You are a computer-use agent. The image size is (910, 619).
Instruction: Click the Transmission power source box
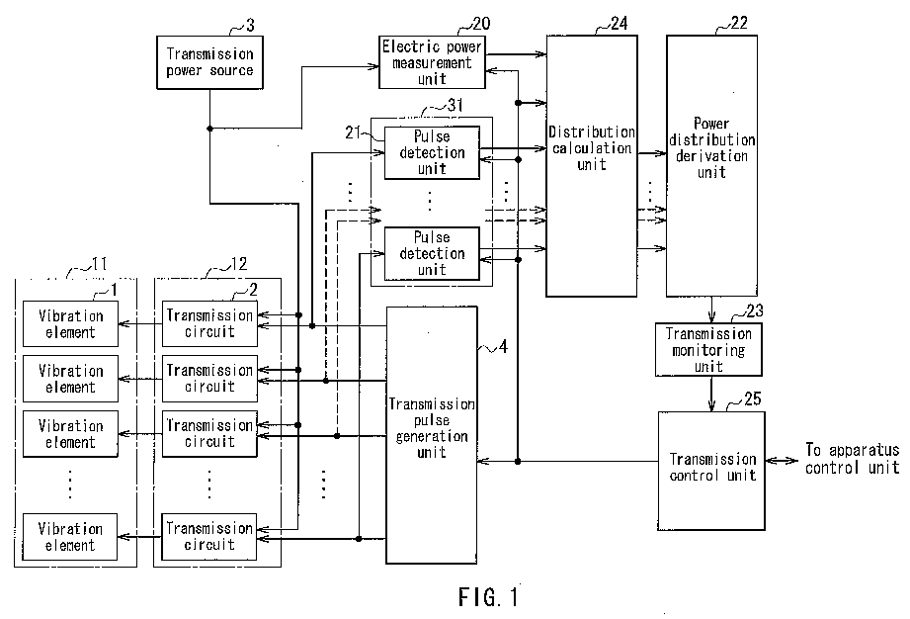(x=209, y=62)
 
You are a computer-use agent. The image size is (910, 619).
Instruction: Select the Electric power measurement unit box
(x=432, y=62)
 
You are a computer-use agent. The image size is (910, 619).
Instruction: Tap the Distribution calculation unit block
(x=592, y=165)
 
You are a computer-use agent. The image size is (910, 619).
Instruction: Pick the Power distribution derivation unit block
(x=711, y=165)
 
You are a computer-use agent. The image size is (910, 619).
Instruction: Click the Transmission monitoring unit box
(x=708, y=350)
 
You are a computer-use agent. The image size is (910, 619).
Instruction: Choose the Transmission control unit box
(x=711, y=471)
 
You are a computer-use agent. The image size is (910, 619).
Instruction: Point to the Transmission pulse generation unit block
(x=432, y=435)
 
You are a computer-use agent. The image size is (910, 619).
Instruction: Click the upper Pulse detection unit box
(x=432, y=152)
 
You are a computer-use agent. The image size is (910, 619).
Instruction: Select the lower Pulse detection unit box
(x=432, y=254)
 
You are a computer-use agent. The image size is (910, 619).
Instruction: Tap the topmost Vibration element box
(x=70, y=324)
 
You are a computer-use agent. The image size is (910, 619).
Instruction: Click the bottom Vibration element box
(x=69, y=537)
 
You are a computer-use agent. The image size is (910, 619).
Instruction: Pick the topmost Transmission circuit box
(x=209, y=324)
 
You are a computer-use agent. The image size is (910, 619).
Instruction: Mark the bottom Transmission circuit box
(x=208, y=537)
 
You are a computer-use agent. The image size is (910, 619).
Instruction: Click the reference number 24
(x=620, y=23)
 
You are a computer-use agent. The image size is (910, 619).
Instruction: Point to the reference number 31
(x=455, y=105)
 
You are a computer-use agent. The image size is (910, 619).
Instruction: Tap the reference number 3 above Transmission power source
(x=250, y=26)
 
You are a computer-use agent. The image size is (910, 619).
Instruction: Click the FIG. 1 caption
(x=489, y=597)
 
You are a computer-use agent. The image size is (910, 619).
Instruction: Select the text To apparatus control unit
(x=852, y=459)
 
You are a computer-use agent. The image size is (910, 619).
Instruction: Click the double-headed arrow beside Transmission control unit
(x=782, y=461)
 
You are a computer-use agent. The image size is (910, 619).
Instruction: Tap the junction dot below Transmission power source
(x=209, y=129)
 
